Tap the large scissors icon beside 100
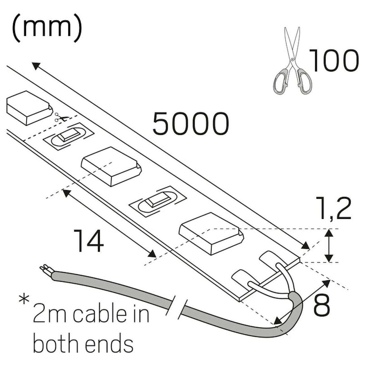click(293, 61)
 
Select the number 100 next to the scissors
click(334, 60)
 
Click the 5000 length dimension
click(191, 124)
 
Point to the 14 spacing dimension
click(89, 241)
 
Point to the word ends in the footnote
click(109, 345)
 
